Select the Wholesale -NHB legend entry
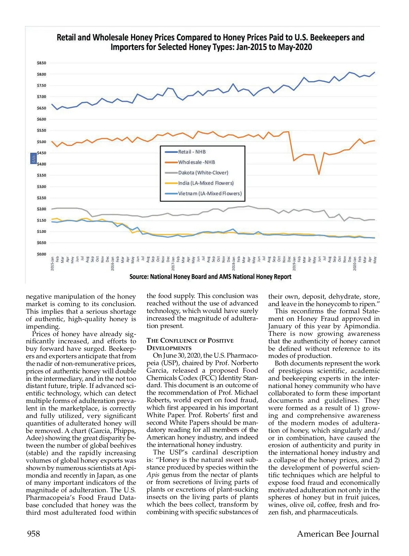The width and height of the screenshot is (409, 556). (196, 162)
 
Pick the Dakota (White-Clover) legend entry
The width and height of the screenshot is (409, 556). (203, 173)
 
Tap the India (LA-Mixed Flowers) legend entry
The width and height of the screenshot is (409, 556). (206, 183)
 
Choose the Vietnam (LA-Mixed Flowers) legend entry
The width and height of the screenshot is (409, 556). (210, 194)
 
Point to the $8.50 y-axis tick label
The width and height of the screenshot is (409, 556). (41, 63)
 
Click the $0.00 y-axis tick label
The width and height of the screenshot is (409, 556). (41, 254)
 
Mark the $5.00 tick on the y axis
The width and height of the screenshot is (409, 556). (41, 142)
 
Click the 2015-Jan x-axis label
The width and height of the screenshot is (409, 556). (52, 263)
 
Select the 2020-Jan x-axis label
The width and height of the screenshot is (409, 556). (355, 263)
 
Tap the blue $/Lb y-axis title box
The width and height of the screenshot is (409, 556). (33, 159)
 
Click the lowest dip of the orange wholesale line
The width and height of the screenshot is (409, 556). (319, 175)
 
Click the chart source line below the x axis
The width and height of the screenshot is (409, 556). (210, 277)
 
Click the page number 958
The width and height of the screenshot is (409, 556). (33, 534)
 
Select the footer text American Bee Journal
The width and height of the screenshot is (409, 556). (338, 534)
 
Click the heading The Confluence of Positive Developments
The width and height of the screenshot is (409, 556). (190, 344)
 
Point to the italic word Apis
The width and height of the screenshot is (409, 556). (153, 475)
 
